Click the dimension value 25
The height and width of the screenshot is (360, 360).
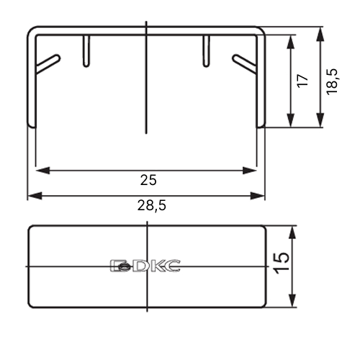pyautogui.click(x=148, y=180)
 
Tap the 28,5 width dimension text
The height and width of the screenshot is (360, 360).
pyautogui.click(x=151, y=205)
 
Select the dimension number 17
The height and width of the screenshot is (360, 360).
pyautogui.click(x=302, y=81)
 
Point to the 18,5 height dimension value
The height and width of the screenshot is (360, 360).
pyautogui.click(x=333, y=81)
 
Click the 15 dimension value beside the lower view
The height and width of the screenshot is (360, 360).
pyautogui.click(x=282, y=263)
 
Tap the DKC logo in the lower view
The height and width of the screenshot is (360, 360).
pyautogui.click(x=145, y=266)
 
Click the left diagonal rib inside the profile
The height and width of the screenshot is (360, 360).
pyautogui.click(x=48, y=63)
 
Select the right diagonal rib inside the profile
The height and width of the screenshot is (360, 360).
pyautogui.click(x=244, y=63)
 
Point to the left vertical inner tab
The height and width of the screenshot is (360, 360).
pyautogui.click(x=86, y=51)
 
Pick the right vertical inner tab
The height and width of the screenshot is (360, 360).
pyautogui.click(x=206, y=51)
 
